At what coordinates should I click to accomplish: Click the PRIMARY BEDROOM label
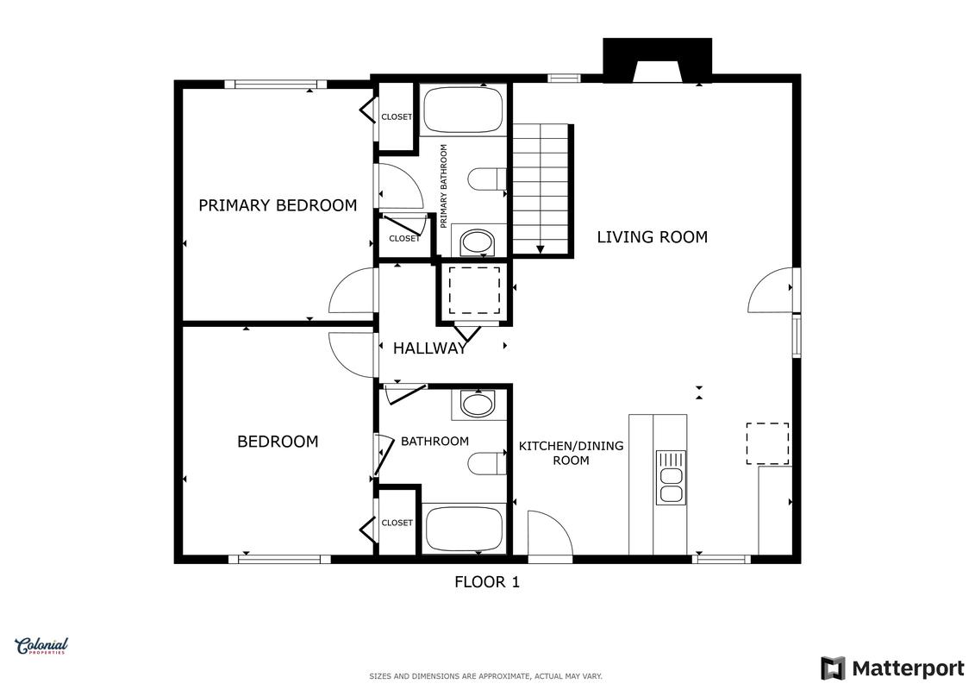click(x=278, y=205)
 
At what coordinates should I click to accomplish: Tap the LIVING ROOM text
click(x=653, y=237)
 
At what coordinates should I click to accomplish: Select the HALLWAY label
click(x=429, y=348)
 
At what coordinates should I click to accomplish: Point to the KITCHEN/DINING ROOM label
click(x=571, y=453)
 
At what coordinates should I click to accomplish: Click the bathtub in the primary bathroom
click(x=463, y=110)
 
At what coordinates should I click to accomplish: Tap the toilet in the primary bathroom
click(x=488, y=179)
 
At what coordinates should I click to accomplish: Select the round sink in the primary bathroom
click(x=478, y=242)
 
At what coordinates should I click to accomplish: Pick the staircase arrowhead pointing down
click(x=541, y=249)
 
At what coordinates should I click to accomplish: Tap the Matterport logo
click(x=892, y=668)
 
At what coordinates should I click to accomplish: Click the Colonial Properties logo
click(x=41, y=647)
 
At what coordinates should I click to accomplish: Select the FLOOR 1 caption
click(x=487, y=582)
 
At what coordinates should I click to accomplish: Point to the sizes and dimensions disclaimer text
click(x=485, y=676)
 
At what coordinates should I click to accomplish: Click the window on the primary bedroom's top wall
click(x=276, y=84)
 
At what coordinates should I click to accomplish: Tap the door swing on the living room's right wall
click(x=771, y=290)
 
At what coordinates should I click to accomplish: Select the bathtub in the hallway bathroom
click(x=464, y=529)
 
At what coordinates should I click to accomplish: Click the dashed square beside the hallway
click(x=474, y=291)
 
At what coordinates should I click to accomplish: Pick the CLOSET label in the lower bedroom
click(x=397, y=523)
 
